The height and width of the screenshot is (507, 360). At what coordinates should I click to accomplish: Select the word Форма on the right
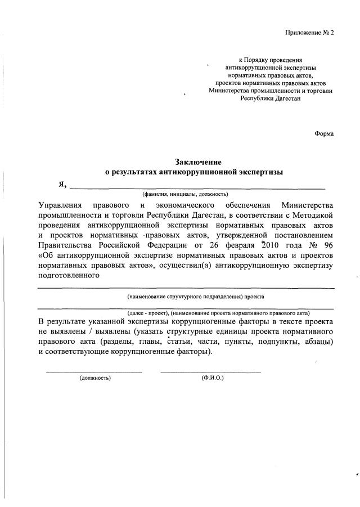coord(324,133)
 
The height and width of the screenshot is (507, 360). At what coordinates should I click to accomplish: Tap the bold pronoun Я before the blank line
coord(62,184)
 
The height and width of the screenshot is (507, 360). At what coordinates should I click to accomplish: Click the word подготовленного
coord(69,276)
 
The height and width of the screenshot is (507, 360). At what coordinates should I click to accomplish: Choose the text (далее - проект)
coord(145,313)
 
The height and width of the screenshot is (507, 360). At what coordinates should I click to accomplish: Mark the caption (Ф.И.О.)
coord(212,378)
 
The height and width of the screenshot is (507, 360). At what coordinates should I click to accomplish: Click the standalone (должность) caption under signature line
coord(95,378)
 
